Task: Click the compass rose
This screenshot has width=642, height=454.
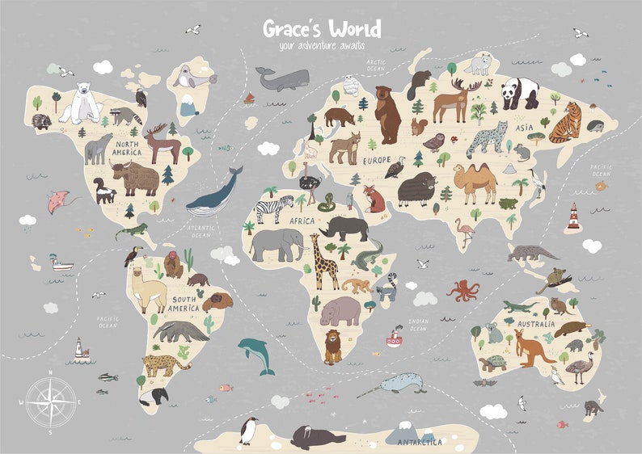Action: [x=51, y=401]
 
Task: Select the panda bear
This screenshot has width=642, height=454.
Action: [x=519, y=93]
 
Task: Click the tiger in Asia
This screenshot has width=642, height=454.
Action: [x=565, y=122]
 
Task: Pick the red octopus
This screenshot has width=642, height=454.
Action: [x=463, y=290]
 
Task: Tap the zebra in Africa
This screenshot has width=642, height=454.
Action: [x=269, y=209]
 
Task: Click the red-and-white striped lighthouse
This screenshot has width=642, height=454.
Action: [x=573, y=216]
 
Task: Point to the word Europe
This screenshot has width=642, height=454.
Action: [x=376, y=161]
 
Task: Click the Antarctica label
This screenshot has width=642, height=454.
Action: [x=420, y=442]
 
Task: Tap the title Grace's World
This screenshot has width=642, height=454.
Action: [x=321, y=30]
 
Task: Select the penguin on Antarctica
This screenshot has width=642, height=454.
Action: [x=249, y=430]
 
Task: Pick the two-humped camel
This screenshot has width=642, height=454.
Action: [x=475, y=182]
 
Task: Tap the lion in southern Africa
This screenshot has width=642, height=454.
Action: [x=332, y=346]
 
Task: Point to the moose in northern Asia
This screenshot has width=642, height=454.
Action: [x=456, y=102]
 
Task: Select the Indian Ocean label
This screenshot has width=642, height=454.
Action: [x=418, y=325]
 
